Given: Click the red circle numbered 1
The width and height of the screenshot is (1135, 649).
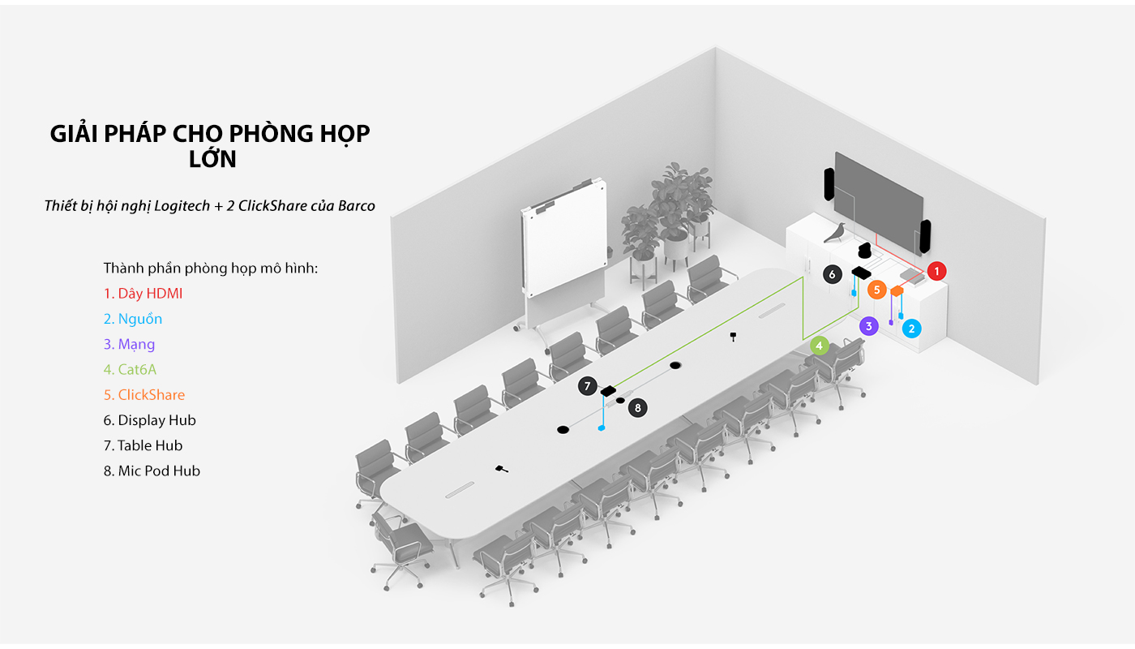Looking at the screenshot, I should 936,271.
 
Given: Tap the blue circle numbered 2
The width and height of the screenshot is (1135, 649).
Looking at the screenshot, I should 912,328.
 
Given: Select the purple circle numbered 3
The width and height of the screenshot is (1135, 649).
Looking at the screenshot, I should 868,326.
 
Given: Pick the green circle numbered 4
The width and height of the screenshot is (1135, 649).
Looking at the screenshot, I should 820,346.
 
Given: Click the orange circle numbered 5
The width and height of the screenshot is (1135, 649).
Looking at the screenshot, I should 876,290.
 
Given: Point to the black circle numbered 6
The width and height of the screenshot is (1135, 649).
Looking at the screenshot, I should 832,274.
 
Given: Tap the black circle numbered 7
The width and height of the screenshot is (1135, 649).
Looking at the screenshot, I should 588,386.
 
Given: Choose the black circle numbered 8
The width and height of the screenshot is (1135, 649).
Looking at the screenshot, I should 638,407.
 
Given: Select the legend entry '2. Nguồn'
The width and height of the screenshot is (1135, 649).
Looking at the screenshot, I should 133,319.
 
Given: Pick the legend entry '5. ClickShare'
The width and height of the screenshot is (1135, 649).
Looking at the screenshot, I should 144,395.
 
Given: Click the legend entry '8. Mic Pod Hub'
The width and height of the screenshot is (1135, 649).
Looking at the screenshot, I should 152,471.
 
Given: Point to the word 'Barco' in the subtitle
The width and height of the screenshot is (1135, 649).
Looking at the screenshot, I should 355,206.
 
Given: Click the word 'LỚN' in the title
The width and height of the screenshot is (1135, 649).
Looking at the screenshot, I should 212,160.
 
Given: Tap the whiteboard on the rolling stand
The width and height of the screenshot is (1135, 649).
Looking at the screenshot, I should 563,243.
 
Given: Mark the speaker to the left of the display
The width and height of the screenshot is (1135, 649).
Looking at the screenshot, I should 829,184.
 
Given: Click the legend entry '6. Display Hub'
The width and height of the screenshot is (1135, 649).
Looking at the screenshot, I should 150,420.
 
